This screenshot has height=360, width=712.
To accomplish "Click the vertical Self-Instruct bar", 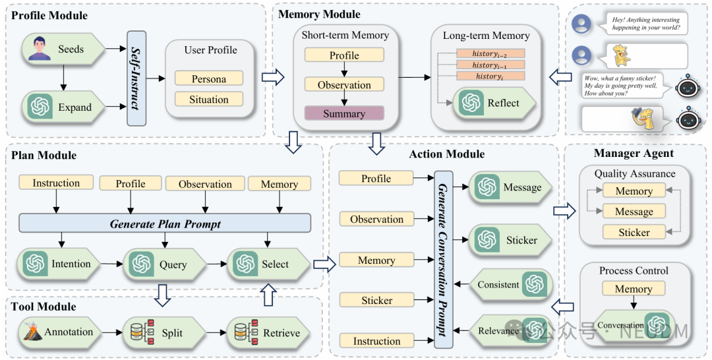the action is pyautogui.click(x=136, y=78).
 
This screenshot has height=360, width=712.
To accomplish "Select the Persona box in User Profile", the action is pyautogui.click(x=209, y=78).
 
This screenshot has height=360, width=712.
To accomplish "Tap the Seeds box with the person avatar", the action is pyautogui.click(x=63, y=49).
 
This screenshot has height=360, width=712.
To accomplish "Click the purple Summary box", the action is pyautogui.click(x=344, y=113).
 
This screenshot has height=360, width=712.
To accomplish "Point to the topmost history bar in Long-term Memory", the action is pyautogui.click(x=490, y=53).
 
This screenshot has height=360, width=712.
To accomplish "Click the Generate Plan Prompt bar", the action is pyautogui.click(x=165, y=224).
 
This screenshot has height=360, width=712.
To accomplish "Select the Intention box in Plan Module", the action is pyautogui.click(x=59, y=264).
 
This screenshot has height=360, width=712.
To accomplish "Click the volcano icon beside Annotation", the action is pyautogui.click(x=33, y=332).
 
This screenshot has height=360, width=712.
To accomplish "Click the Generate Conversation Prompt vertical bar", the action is pyautogui.click(x=443, y=259).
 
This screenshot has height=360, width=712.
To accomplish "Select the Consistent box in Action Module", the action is pyautogui.click(x=510, y=285).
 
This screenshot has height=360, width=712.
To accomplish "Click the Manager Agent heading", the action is pyautogui.click(x=634, y=154).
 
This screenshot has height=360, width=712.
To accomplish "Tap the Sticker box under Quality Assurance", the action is pyautogui.click(x=634, y=232).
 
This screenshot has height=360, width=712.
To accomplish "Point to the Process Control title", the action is pyautogui.click(x=634, y=270).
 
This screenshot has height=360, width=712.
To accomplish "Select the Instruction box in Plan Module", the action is pyautogui.click(x=56, y=183).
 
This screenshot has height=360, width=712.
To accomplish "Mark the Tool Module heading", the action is pyautogui.click(x=44, y=307).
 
